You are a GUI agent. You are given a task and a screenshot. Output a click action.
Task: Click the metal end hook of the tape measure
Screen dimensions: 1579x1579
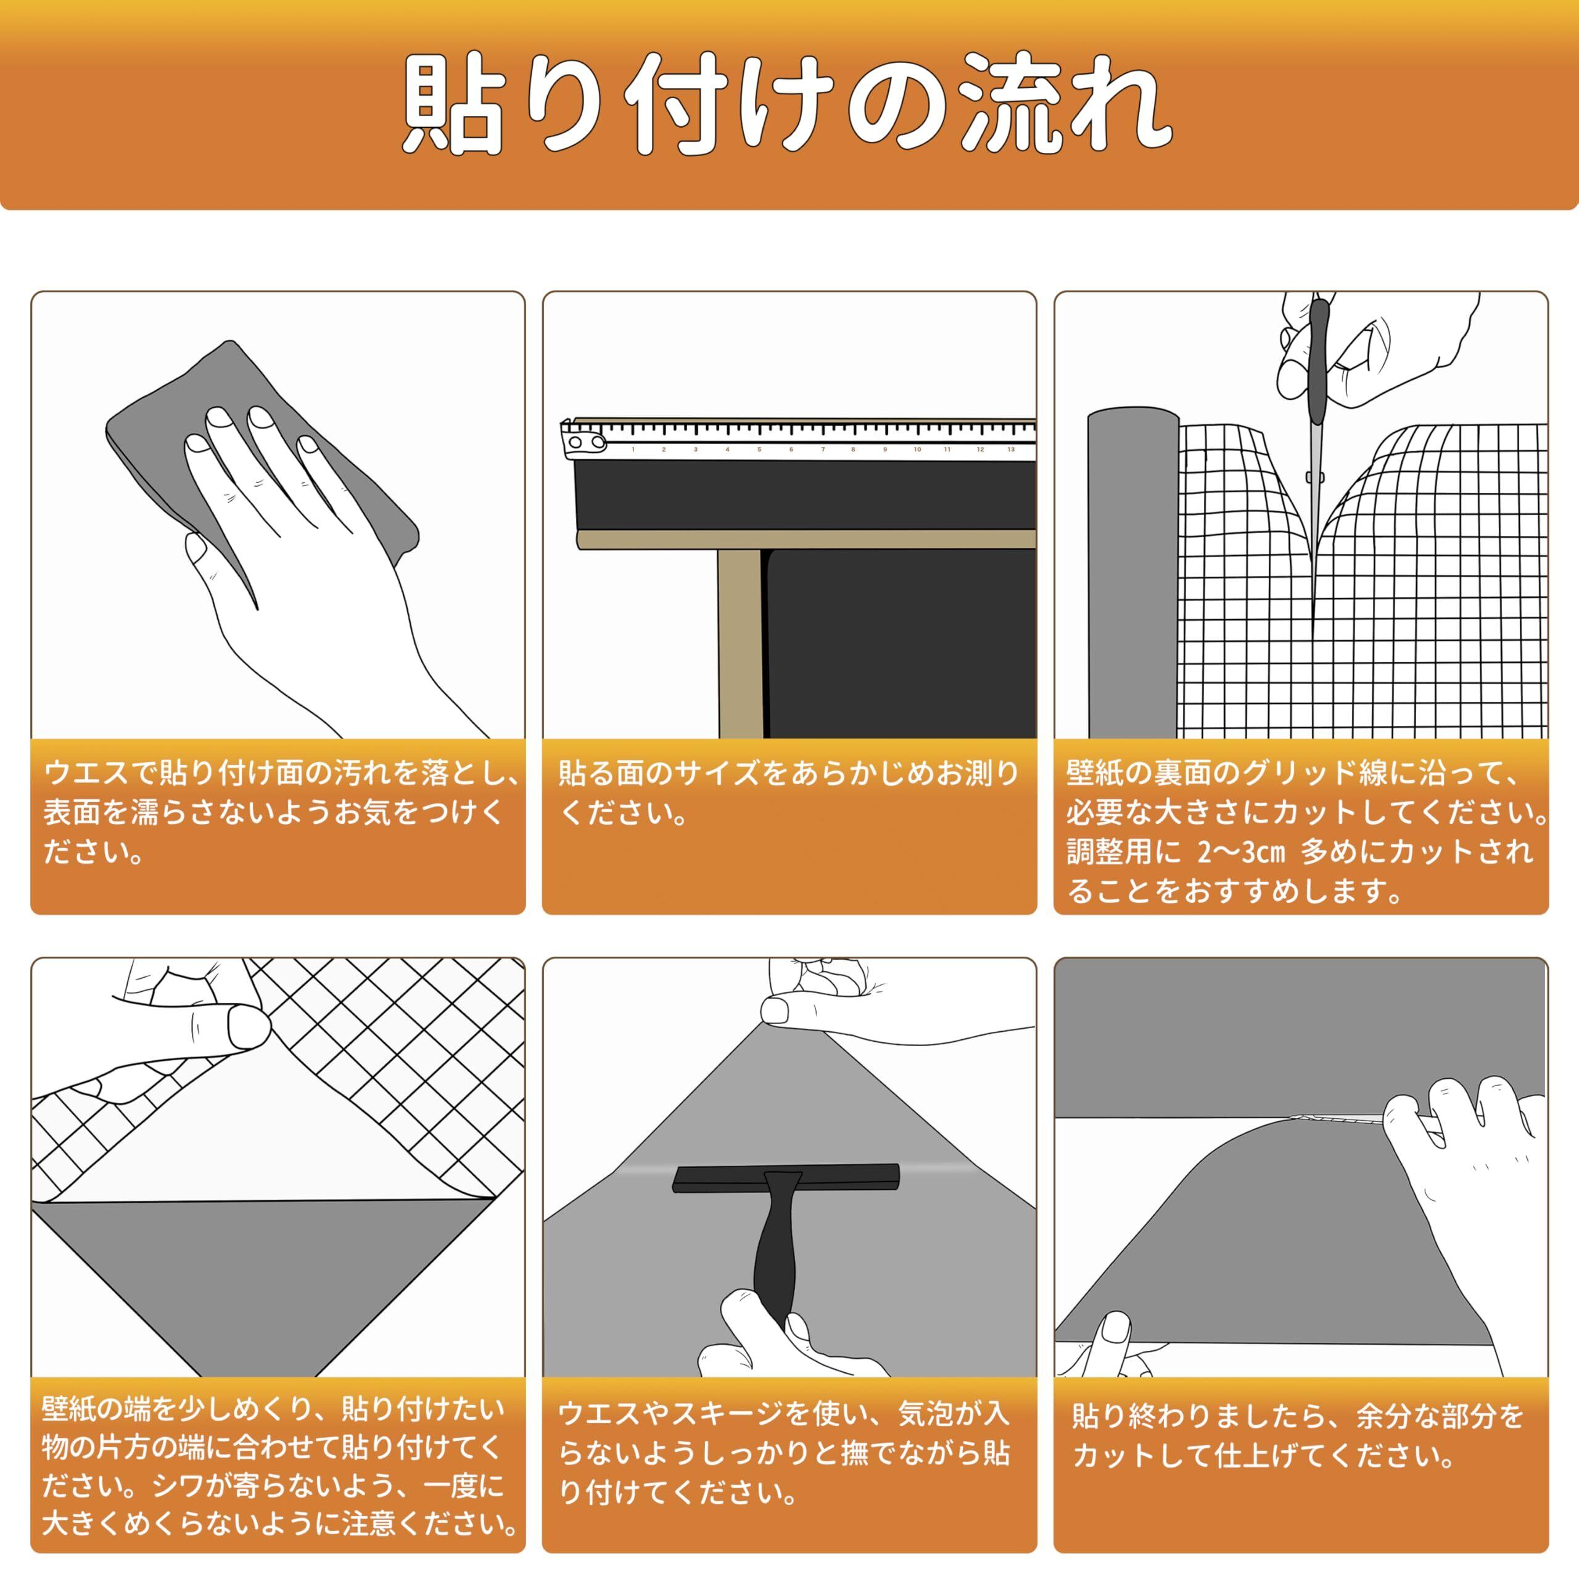coord(582,439)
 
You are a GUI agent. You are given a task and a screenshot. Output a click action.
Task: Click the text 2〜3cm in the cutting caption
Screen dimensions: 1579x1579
coord(1242,852)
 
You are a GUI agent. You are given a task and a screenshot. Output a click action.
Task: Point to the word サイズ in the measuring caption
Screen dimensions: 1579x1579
coord(717,772)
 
